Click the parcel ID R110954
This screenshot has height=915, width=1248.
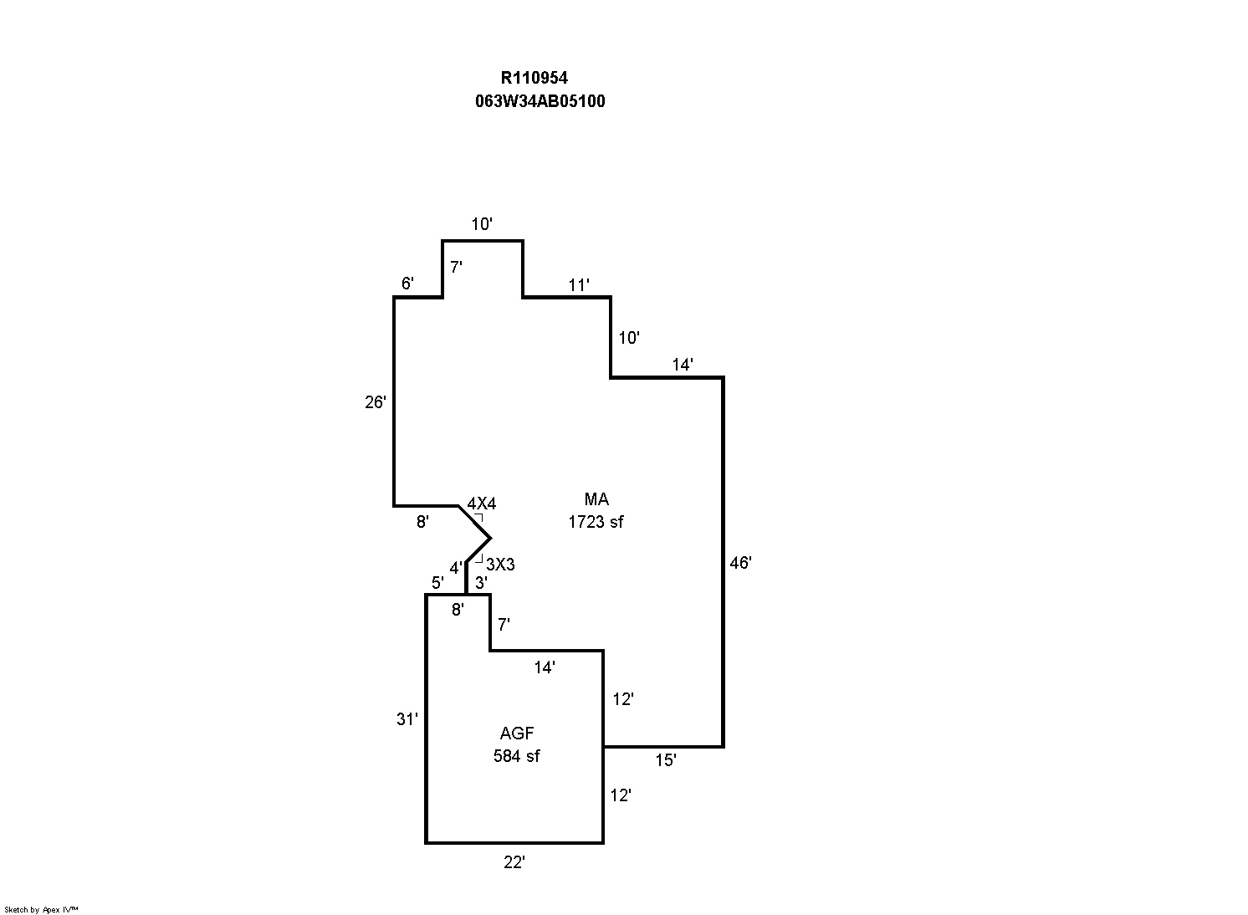pyautogui.click(x=534, y=78)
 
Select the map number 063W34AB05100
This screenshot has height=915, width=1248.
pyautogui.click(x=540, y=101)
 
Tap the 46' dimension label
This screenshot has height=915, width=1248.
pyautogui.click(x=740, y=563)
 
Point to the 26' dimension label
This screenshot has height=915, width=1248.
pyautogui.click(x=376, y=402)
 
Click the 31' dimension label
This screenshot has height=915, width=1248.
pyautogui.click(x=407, y=718)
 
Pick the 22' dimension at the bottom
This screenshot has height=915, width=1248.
pyautogui.click(x=514, y=862)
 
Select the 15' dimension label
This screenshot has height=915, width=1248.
pyautogui.click(x=665, y=760)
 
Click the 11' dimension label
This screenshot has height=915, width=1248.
pyautogui.click(x=579, y=285)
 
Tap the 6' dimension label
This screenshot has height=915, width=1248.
pyautogui.click(x=407, y=284)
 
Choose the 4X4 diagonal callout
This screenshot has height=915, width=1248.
pyautogui.click(x=481, y=504)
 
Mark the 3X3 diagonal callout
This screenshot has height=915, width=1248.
pyautogui.click(x=500, y=565)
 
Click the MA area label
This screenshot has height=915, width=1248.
pyautogui.click(x=596, y=499)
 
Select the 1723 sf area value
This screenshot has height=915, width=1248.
pyautogui.click(x=596, y=522)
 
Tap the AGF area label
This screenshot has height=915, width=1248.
pyautogui.click(x=517, y=734)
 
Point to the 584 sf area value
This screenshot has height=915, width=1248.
pyautogui.click(x=516, y=756)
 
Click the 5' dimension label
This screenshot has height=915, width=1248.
pyautogui.click(x=437, y=582)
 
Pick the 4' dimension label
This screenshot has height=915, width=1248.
pyautogui.click(x=456, y=568)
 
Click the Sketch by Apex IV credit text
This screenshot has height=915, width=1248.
pyautogui.click(x=41, y=909)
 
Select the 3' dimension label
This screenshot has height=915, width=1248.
pyautogui.click(x=481, y=582)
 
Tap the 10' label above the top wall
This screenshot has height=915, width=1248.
pyautogui.click(x=482, y=224)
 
